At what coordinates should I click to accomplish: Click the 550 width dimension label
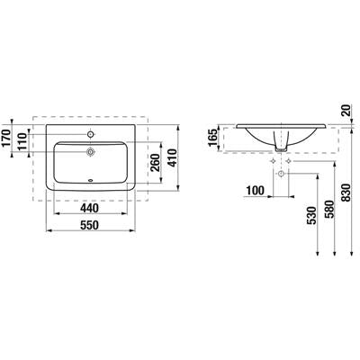pyautogui.click(x=90, y=225)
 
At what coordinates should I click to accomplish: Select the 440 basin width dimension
pyautogui.click(x=90, y=208)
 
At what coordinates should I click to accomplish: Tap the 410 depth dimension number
pyautogui.click(x=172, y=157)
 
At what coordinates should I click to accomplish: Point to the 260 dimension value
pyautogui.click(x=155, y=162)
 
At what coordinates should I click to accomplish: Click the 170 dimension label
pyautogui.click(x=5, y=139)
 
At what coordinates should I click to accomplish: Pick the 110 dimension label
pyautogui.click(x=22, y=142)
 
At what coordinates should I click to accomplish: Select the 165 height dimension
pyautogui.click(x=213, y=138)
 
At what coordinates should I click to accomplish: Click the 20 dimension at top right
pyautogui.click(x=346, y=111)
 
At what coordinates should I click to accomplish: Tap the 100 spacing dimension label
pyautogui.click(x=256, y=190)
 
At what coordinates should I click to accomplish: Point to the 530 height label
pyautogui.click(x=311, y=216)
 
